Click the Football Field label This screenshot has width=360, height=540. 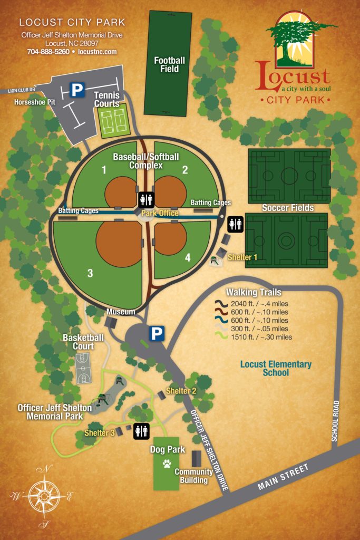point(169,64)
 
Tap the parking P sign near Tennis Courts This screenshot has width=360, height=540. point(77,90)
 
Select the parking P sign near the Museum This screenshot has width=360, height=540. point(157,333)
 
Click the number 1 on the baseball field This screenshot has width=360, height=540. point(104,170)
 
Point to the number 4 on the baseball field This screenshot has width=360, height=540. point(188,258)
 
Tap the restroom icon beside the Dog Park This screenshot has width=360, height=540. point(141,430)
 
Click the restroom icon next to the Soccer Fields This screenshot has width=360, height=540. point(235,225)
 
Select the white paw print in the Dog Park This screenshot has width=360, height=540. point(167,464)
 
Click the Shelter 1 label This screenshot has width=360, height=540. point(242,257)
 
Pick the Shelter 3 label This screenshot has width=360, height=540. point(100,433)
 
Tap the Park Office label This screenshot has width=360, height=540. point(160,213)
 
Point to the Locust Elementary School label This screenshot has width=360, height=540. point(276,368)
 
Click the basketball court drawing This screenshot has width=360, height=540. point(83,368)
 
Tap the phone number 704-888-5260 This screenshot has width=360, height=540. point(48,52)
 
